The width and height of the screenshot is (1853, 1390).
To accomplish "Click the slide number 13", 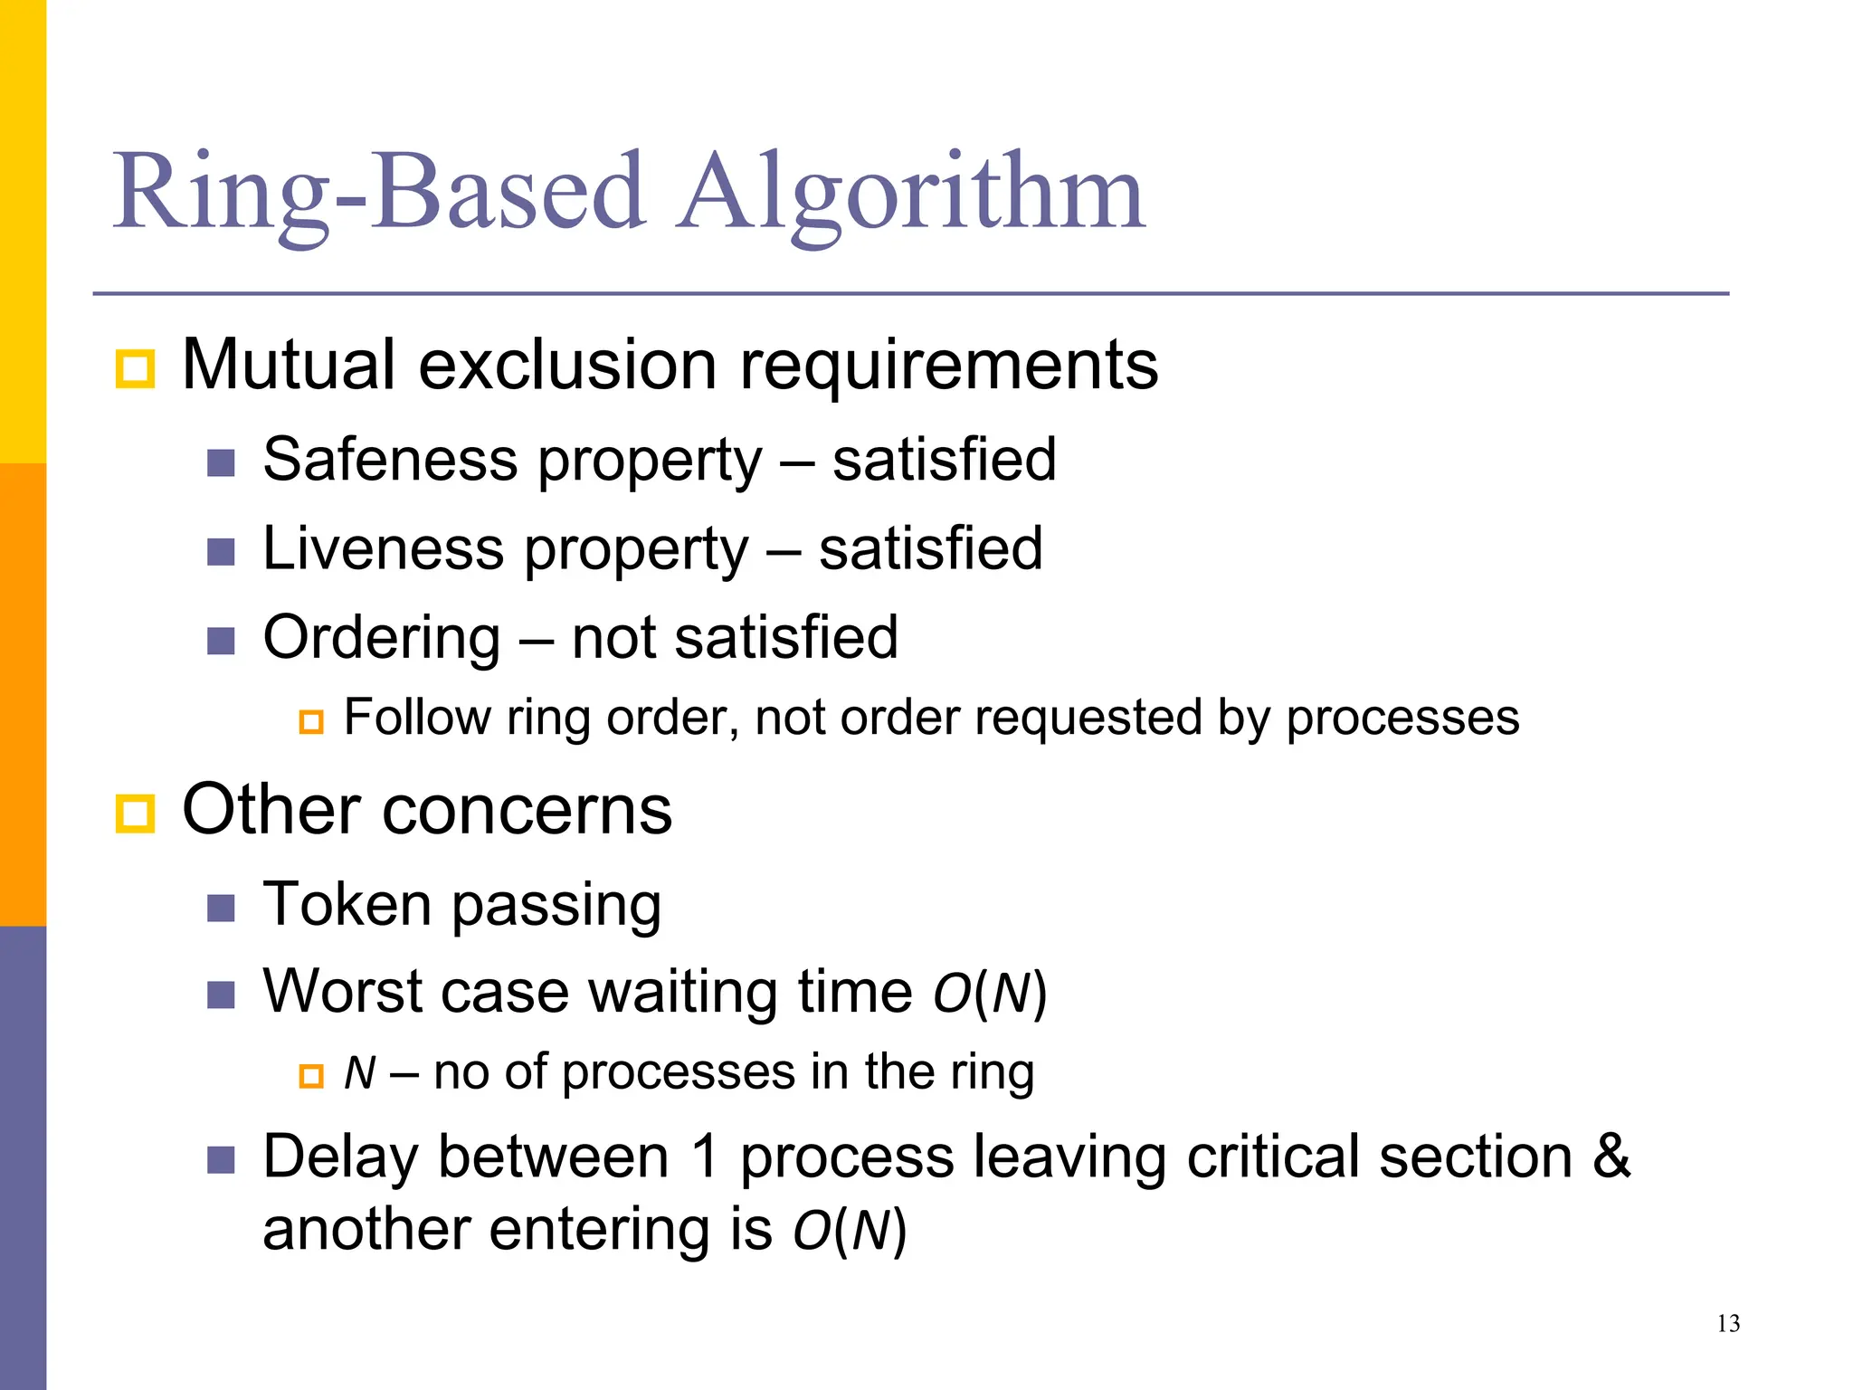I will point(1728,1324).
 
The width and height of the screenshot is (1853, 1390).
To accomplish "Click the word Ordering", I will point(381,639).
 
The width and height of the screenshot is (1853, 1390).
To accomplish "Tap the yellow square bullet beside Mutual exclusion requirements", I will point(136,369).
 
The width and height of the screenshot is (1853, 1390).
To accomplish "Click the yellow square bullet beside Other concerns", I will point(136,813).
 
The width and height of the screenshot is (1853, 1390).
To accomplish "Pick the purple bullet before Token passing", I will point(221,908).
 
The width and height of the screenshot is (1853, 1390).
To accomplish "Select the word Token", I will point(347,904).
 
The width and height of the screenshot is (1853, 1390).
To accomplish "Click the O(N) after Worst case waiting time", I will point(990,993).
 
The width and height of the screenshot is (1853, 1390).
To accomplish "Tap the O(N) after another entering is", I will point(850,1231).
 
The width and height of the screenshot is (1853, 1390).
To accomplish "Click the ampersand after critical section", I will point(1611,1157).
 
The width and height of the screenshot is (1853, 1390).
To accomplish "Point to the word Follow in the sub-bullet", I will point(416,719).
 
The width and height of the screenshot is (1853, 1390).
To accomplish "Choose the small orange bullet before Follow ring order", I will point(311,722).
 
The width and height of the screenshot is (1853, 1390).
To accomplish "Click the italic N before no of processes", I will point(359,1073).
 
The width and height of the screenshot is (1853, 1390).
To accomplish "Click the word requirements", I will point(949,366).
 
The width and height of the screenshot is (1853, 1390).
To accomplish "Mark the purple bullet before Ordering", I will point(221,642).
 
